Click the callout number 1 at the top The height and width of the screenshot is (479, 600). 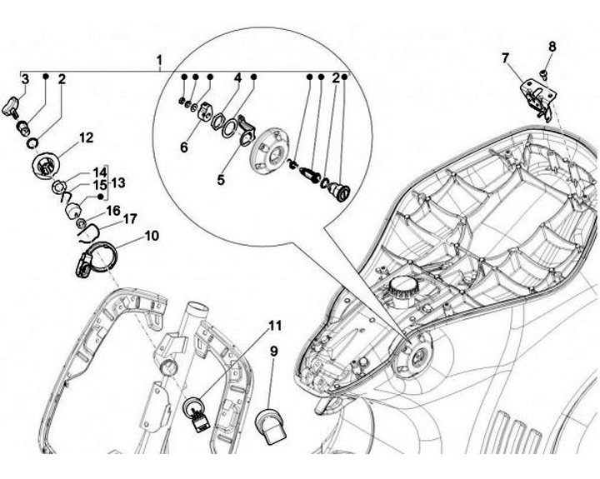pos(160,60)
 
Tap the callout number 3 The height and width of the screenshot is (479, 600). pos(26,79)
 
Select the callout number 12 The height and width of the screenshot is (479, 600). pos(86,137)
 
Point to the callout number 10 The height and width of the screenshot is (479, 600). pos(152,236)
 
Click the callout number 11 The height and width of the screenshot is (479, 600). pos(275,324)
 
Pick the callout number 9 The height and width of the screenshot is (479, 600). pos(273,352)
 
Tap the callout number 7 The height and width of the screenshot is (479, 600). pos(505,57)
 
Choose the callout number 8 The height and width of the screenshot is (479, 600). pos(551,47)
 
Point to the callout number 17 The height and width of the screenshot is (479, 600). pos(130,220)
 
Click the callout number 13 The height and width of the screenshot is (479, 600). pos(118,182)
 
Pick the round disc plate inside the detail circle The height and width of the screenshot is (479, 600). pos(273,150)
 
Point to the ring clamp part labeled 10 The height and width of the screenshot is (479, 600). pos(97,257)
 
